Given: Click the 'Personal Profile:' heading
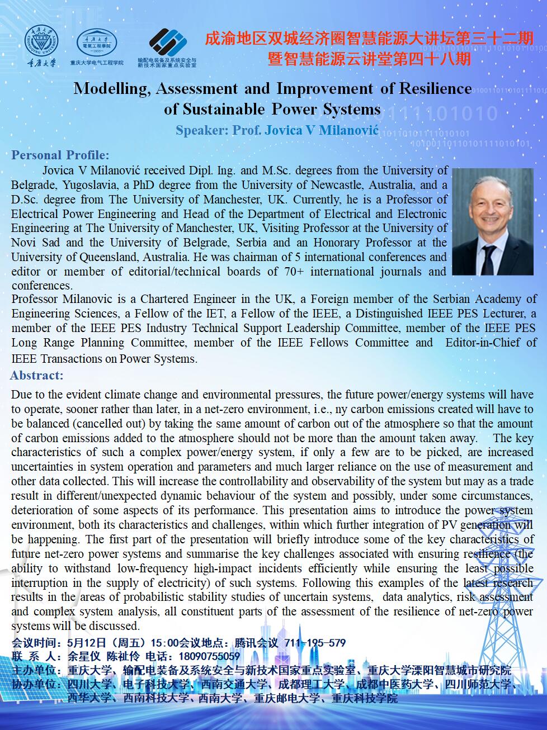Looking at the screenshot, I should pyautogui.click(x=60, y=155).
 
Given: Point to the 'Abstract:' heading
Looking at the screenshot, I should pyautogui.click(x=37, y=375).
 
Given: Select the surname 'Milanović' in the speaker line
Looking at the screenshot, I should pyautogui.click(x=350, y=130).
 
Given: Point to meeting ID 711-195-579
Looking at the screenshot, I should pyautogui.click(x=315, y=643).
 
